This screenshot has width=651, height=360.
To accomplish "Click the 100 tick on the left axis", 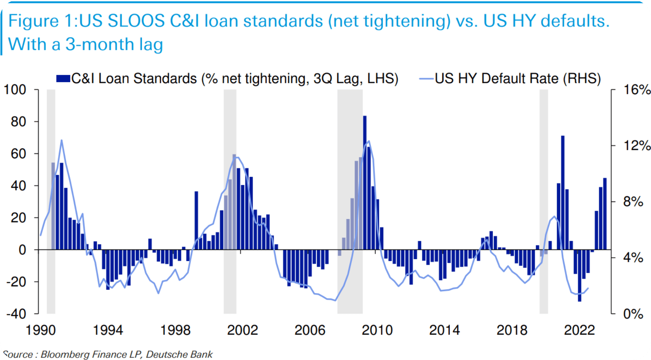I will click(x=15, y=90).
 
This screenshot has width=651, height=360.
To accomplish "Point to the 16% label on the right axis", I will click(x=637, y=90).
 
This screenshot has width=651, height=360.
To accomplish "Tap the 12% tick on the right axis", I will click(x=637, y=146).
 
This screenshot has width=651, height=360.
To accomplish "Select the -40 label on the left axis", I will click(x=16, y=314).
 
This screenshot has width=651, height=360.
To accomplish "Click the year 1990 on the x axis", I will click(x=41, y=330).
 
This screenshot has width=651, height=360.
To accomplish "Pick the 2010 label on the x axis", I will click(x=377, y=330).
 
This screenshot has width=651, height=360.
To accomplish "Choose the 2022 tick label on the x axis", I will click(x=579, y=330).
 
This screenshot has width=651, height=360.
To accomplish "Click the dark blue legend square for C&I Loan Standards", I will click(x=63, y=79).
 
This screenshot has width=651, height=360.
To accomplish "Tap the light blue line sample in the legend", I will click(x=426, y=79).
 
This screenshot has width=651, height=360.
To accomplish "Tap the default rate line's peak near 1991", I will click(x=61, y=140).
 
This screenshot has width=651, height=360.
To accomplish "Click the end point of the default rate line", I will click(x=588, y=288).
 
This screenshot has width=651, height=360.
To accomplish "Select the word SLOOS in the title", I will click(x=136, y=21).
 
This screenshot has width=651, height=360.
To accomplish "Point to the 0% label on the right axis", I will click(x=633, y=314).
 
